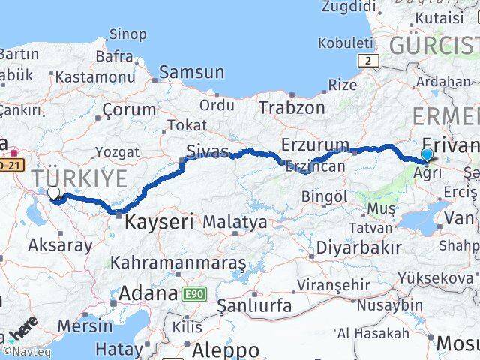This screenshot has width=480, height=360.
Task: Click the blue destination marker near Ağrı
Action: [427, 155]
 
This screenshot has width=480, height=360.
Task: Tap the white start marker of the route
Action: [53, 193]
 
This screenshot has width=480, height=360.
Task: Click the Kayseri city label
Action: [159, 222]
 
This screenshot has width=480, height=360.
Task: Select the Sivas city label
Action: [208, 152]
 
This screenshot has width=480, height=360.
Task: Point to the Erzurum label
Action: [315, 144]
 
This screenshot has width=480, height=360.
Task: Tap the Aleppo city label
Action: [226, 349]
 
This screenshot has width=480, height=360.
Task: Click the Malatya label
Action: [235, 222]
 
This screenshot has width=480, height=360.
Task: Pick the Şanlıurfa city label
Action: [253, 305]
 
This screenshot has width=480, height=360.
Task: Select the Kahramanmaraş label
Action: [178, 262]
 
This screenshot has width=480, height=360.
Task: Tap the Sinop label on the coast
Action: [127, 33]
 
